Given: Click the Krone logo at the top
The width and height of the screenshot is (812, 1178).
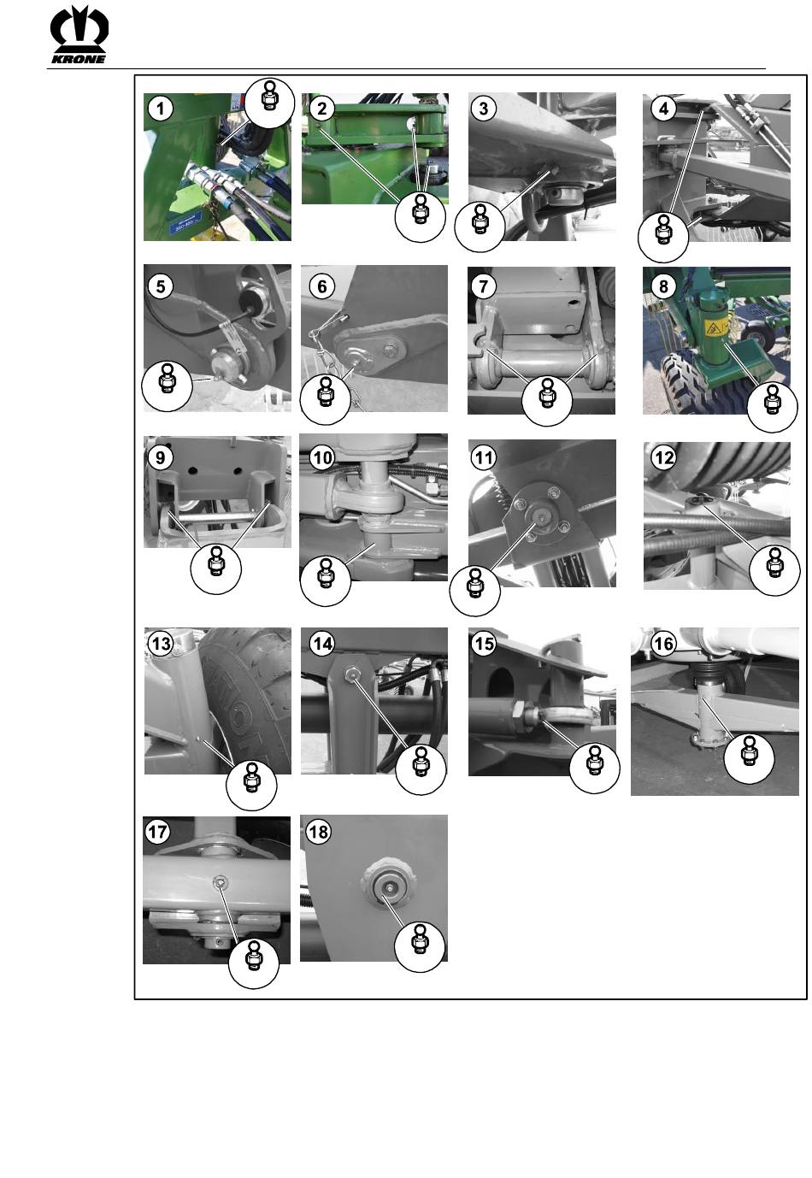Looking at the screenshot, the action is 79,34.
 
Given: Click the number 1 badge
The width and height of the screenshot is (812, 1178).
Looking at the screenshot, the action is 161,109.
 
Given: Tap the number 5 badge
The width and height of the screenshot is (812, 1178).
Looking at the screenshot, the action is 161,286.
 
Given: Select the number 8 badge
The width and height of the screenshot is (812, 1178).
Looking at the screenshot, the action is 663,286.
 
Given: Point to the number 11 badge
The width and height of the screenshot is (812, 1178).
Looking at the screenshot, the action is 484,458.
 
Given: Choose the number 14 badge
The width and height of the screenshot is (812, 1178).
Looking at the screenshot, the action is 322,644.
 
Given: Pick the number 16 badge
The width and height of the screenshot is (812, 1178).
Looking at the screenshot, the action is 663,643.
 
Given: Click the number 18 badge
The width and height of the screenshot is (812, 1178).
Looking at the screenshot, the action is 318,832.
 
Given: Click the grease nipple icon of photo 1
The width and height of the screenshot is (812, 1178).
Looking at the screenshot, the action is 269,103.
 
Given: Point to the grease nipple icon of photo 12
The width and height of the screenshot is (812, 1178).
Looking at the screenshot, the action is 774,570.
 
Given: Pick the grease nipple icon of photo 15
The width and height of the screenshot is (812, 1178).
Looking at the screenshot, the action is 594,768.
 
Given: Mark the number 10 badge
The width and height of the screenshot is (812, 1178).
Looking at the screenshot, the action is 322,458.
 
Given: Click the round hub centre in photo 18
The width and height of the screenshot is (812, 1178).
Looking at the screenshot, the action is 386,887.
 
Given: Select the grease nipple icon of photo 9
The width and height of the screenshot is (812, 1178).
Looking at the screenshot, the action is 216,569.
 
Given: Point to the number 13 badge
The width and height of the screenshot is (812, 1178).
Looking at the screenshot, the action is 161,644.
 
